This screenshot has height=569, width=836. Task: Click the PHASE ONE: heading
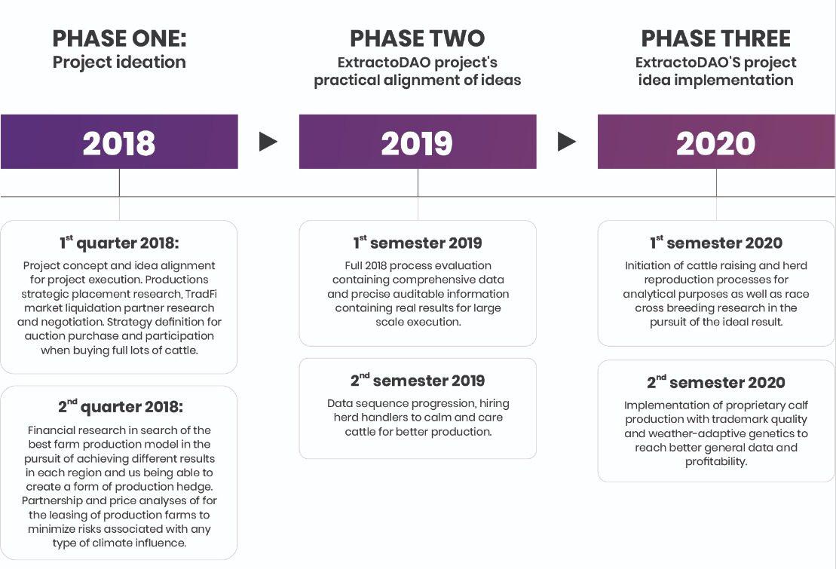click(119, 38)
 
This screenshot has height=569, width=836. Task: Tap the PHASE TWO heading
click(418, 38)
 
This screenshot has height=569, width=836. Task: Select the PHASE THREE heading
click(716, 38)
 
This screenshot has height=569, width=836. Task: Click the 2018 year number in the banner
click(119, 143)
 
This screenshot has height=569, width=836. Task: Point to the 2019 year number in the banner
click(417, 143)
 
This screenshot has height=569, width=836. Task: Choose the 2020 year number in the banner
click(716, 143)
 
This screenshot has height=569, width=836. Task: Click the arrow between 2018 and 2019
click(268, 142)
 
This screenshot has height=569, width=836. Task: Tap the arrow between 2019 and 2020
click(567, 142)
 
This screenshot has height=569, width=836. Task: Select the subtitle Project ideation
click(119, 63)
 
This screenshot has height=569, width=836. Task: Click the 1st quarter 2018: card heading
click(119, 243)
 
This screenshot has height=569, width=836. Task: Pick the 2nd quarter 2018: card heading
click(121, 406)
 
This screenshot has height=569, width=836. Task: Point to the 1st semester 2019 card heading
click(418, 243)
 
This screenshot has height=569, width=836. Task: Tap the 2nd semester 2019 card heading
click(418, 381)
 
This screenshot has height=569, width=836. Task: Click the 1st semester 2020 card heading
click(716, 243)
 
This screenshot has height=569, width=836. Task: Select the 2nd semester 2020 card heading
click(716, 382)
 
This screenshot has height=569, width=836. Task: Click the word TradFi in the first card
click(201, 294)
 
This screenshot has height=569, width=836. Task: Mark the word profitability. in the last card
click(716, 462)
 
